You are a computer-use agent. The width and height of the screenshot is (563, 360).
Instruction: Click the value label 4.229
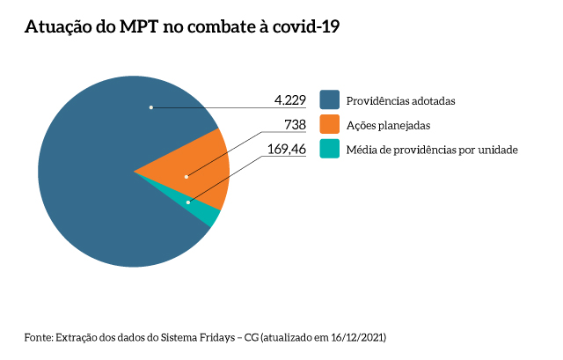[x=289, y=99]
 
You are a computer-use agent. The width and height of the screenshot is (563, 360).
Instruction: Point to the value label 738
[x=295, y=125]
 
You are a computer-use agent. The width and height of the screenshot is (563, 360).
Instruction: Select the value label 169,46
[x=286, y=150]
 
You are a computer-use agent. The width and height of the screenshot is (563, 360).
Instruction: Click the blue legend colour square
[x=330, y=99]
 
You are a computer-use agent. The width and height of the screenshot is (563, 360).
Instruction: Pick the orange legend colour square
[x=330, y=125]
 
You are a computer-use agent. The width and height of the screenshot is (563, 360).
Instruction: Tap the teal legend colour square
[x=330, y=150]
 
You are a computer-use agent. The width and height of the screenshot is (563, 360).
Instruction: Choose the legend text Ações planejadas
[x=388, y=125]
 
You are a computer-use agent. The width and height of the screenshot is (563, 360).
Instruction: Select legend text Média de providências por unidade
[x=432, y=150]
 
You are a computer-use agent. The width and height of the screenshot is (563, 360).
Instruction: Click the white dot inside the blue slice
[x=151, y=107]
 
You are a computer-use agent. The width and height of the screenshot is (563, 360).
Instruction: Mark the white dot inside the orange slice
[x=186, y=177]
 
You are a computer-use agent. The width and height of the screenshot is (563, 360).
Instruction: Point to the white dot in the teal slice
[x=188, y=202]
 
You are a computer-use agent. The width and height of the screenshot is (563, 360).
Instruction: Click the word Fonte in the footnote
[x=38, y=337]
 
